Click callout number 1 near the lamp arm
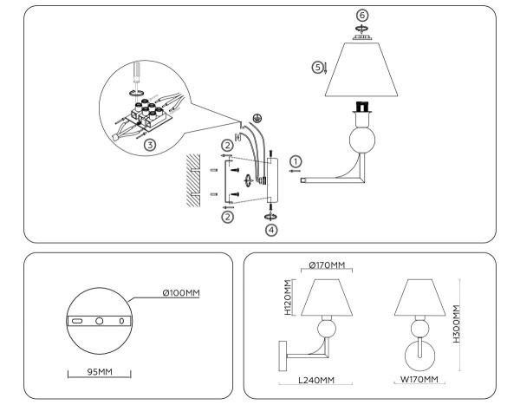pos(295,160)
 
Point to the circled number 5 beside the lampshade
pos(318,66)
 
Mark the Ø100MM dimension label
pos(180,292)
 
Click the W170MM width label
pos(420,380)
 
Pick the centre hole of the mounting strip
pos(99,321)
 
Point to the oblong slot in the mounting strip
pos(76,321)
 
